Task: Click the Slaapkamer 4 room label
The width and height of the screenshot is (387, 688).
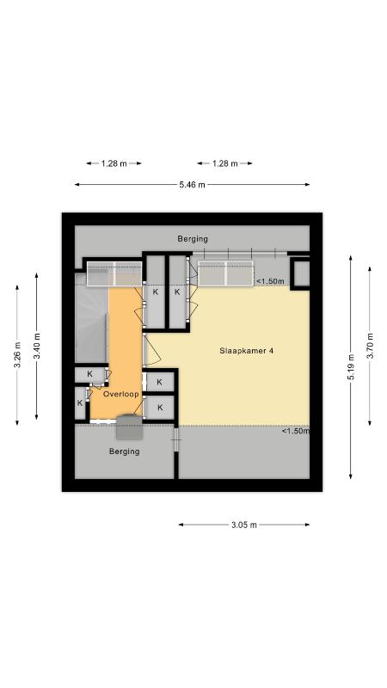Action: pos(247,351)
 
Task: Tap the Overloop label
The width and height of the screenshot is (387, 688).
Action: pos(120,394)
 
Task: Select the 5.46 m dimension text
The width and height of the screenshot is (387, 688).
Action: pos(192,185)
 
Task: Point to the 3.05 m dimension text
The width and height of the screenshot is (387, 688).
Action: pos(244,525)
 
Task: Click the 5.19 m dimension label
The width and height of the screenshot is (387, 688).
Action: pos(351,367)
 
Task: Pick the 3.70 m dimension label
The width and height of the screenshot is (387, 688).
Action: pos(370,347)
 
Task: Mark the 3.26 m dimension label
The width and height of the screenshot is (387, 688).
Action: pos(17,355)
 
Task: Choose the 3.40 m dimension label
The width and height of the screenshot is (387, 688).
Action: pos(37,346)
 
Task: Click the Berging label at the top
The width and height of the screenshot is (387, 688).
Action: pos(193,239)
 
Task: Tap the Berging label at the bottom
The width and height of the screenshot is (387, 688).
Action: pos(125,451)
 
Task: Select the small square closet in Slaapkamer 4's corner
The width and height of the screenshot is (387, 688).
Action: pos(301,273)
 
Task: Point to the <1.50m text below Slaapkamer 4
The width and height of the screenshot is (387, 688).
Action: pos(296,432)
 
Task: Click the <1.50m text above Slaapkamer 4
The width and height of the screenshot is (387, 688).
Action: pos(270,281)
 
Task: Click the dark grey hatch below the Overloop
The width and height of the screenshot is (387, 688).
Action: pos(130,427)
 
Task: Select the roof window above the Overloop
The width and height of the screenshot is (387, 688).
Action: pos(114,273)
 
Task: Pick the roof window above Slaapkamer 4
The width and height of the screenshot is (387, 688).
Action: pos(225,273)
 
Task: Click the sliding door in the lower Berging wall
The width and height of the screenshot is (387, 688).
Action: pos(176,439)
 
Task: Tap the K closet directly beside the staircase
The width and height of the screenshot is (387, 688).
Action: pos(90,374)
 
